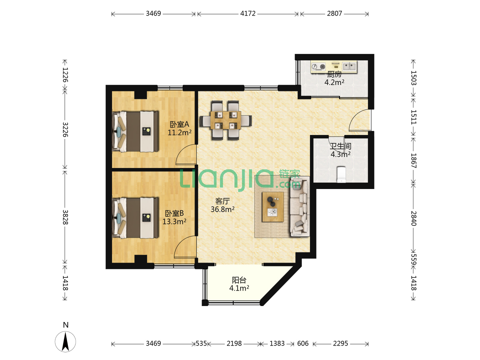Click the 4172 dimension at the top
click(x=248, y=14)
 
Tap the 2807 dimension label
click(x=334, y=14)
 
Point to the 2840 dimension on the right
click(x=413, y=218)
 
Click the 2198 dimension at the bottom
click(x=234, y=343)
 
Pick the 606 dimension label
click(x=303, y=343)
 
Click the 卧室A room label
click(x=179, y=124)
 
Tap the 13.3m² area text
click(x=174, y=221)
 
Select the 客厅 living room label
click(x=222, y=201)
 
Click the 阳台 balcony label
click(x=239, y=280)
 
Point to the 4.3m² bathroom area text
click(x=340, y=154)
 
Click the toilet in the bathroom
click(x=341, y=174)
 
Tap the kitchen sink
click(x=349, y=66)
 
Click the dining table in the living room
click(x=225, y=120)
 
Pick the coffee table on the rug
click(x=273, y=207)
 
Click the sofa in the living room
click(x=299, y=207)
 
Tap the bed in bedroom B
click(x=135, y=218)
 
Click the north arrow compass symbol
click(x=65, y=341)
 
